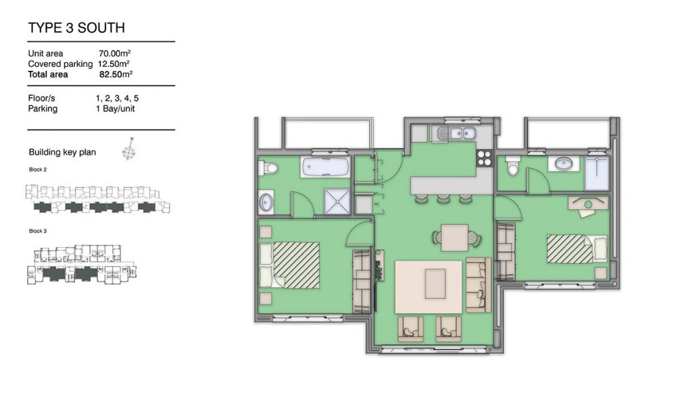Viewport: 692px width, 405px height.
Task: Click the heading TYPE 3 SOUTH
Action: pos(76,28)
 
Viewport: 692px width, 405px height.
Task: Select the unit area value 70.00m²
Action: pos(115,53)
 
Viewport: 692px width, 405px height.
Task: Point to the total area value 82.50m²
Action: pos(116,74)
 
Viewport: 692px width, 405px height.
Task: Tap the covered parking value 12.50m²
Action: pos(114,64)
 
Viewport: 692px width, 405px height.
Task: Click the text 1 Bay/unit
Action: pos(115,109)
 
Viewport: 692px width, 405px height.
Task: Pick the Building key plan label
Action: pos(62,152)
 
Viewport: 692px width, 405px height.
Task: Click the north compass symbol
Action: pos(128,149)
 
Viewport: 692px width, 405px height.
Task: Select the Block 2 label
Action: pos(38,169)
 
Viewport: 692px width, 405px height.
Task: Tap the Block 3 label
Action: pos(38,231)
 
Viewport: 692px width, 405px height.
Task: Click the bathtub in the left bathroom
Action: pos(326,167)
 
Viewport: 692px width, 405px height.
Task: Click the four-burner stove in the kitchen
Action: pos(484,158)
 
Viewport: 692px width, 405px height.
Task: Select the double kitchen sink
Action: pos(456,133)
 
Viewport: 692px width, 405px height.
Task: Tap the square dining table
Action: pos(455,238)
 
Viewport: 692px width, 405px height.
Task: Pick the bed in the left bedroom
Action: pos(289,265)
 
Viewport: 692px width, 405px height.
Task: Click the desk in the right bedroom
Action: pos(588,204)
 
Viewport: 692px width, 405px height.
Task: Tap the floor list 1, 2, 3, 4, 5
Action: pos(117,99)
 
